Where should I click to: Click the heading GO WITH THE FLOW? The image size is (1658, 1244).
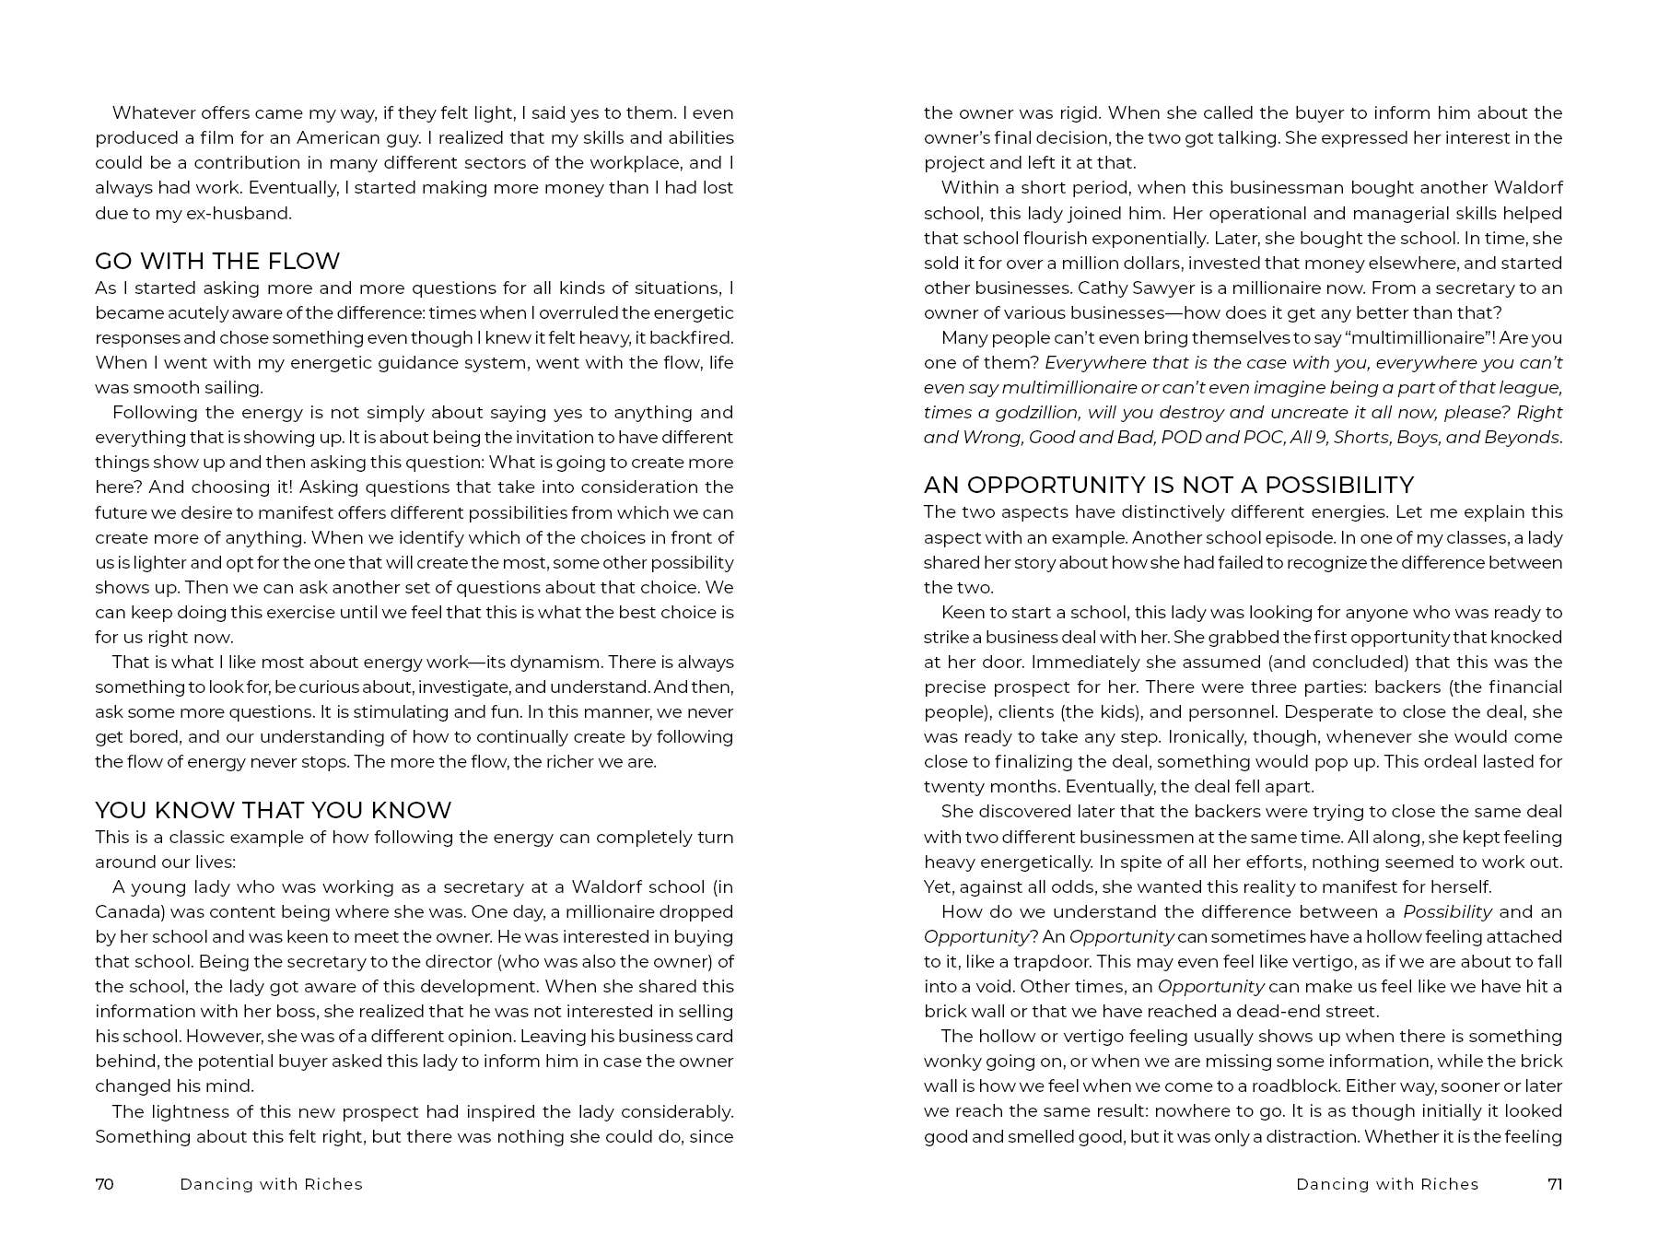click(x=217, y=261)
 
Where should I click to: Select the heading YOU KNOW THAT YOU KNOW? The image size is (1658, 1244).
click(x=273, y=810)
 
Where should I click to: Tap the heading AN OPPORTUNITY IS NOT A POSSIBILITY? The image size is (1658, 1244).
click(x=1168, y=485)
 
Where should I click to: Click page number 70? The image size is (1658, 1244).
click(x=104, y=1184)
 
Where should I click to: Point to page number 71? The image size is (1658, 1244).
click(x=1555, y=1184)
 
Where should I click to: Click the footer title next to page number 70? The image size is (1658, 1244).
click(x=271, y=1184)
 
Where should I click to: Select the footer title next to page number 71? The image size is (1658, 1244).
click(x=1387, y=1184)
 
